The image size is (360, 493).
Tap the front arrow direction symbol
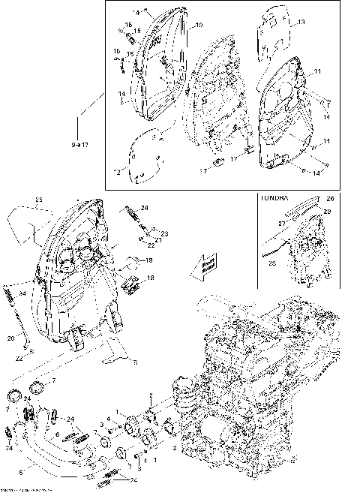tap(202, 266)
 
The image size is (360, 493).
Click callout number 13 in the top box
tap(301, 23)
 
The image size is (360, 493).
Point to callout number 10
tap(199, 26)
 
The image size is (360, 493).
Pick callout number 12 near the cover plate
tap(117, 173)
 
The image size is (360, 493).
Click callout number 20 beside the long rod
tap(11, 338)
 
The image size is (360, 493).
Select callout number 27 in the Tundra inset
tap(282, 223)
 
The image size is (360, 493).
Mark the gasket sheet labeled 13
tap(277, 34)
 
